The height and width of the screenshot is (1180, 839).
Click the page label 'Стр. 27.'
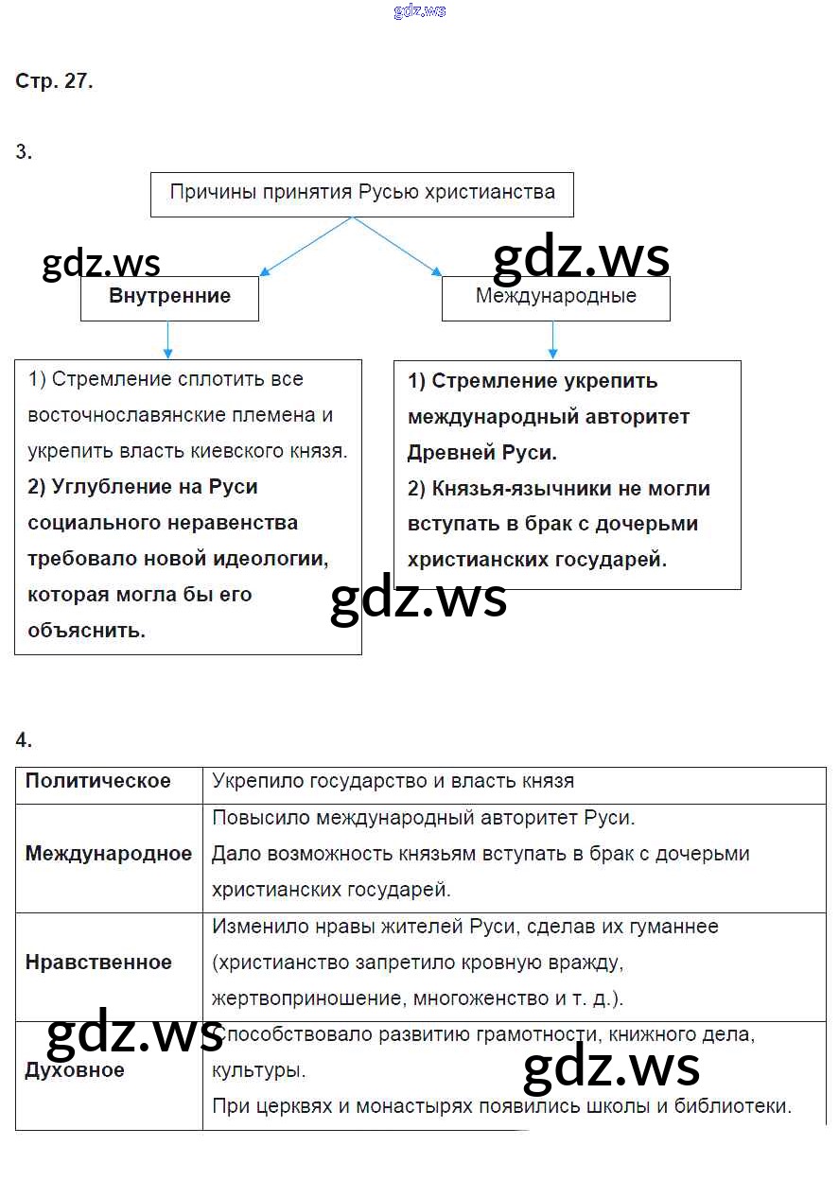pos(54,81)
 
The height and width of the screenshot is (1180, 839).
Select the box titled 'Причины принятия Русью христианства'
pos(362,193)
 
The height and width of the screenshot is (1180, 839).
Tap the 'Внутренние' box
pos(169,296)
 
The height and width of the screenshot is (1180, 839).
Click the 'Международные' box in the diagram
pos(555,296)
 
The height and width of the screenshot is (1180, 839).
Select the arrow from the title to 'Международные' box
pos(397,246)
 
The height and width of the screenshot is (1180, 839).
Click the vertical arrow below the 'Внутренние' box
pos(168,339)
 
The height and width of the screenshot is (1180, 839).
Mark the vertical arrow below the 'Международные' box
pos(554,339)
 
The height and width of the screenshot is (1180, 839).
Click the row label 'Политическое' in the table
pos(98,781)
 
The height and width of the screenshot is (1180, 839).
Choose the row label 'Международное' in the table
pos(109,854)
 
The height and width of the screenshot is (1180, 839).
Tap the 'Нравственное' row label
pos(99,963)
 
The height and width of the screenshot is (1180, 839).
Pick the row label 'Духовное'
pos(75,1070)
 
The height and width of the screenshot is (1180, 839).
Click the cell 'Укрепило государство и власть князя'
pos(393,782)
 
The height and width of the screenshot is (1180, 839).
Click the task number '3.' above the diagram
pos(24,151)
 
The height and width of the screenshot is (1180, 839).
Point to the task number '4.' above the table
pos(24,739)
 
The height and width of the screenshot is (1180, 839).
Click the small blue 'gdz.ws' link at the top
pos(418,11)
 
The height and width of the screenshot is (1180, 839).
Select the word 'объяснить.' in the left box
pos(87,631)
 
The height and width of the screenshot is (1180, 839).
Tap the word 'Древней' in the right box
pos(446,453)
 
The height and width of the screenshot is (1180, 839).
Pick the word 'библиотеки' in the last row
pos(738,1106)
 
